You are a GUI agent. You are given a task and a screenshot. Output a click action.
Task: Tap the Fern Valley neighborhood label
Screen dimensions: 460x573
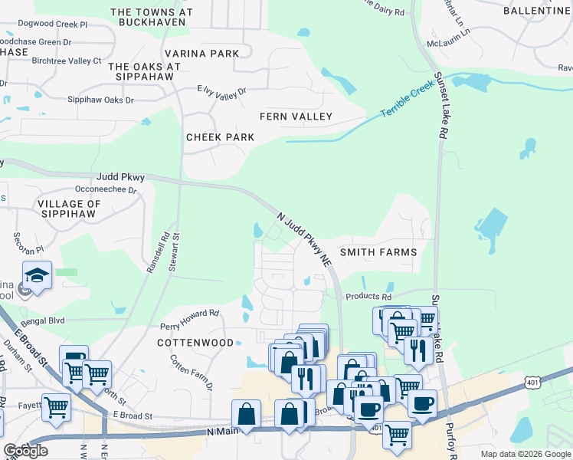pyautogui.click(x=296, y=117)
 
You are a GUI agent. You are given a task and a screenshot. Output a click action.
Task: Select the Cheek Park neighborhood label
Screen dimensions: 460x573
pyautogui.click(x=220, y=137)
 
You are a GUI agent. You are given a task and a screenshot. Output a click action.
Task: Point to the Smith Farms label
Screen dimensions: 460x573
pyautogui.click(x=378, y=251)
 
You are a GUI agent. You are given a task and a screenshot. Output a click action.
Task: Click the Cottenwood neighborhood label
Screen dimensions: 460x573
pyautogui.click(x=195, y=343)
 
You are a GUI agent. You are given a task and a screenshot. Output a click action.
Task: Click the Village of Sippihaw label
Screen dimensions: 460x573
pyautogui.click(x=69, y=209)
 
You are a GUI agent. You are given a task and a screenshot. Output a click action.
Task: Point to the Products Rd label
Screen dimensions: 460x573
pyautogui.click(x=368, y=297)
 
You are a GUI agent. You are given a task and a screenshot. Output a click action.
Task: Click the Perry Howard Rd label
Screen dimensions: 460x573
pyautogui.click(x=189, y=314)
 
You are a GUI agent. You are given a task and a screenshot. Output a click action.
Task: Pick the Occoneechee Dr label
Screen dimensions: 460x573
pyautogui.click(x=105, y=189)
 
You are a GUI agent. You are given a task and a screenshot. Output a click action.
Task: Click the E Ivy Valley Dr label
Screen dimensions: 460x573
pyautogui.click(x=221, y=91)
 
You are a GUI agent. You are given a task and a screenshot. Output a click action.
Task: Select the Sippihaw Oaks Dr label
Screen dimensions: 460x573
pyautogui.click(x=100, y=100)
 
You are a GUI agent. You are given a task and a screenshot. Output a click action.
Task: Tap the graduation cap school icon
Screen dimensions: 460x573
pyautogui.click(x=36, y=274)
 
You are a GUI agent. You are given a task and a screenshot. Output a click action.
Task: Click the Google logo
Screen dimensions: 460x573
pyautogui.click(x=25, y=451)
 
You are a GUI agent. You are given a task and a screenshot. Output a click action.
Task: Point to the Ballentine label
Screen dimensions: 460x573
pyautogui.click(x=537, y=11)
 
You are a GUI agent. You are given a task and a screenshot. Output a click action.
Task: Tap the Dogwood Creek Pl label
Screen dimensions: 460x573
pyautogui.click(x=52, y=25)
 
